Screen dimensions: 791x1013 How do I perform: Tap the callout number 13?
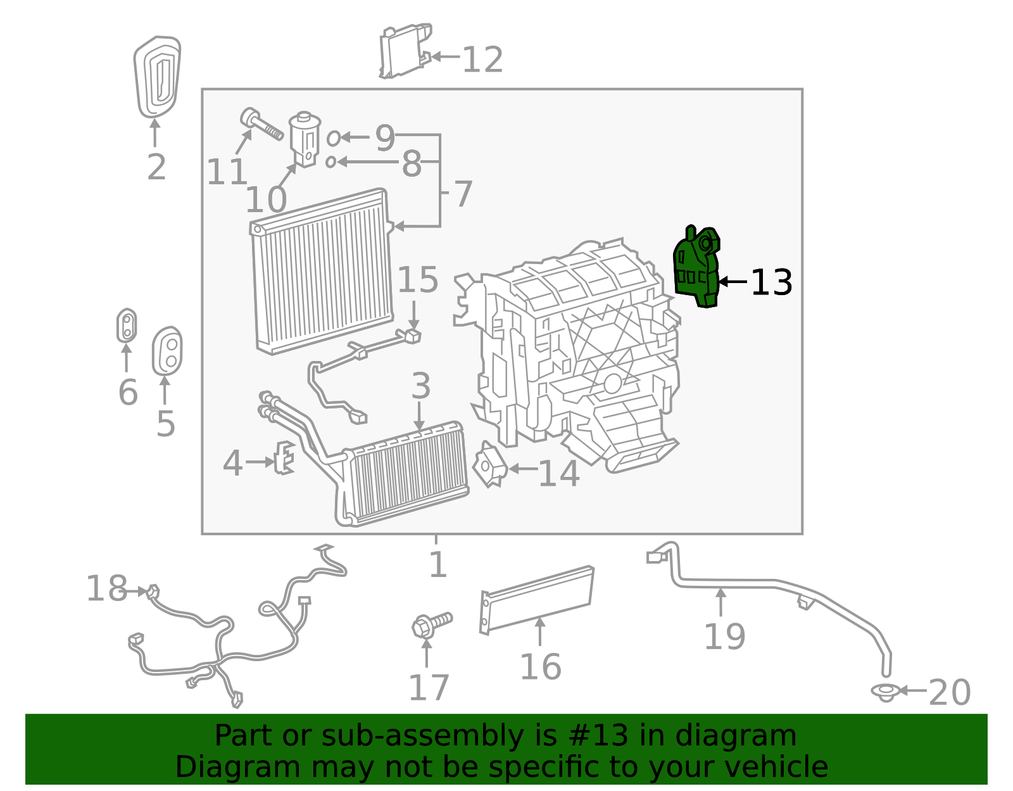click(771, 282)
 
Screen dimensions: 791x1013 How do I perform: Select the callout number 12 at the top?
click(482, 60)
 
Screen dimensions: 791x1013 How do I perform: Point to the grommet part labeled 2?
click(156, 77)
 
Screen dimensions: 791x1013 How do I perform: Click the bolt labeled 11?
click(261, 125)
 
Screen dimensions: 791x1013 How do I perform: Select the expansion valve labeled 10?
click(305, 139)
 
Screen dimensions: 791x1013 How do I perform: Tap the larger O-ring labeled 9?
click(333, 137)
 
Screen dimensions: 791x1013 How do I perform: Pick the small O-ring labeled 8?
click(330, 162)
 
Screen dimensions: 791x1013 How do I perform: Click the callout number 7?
click(463, 194)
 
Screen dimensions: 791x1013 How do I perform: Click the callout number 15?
click(418, 280)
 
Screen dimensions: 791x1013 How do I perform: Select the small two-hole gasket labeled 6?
click(127, 326)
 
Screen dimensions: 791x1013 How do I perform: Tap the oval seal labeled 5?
click(167, 351)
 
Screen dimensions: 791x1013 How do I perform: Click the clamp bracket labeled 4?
click(284, 457)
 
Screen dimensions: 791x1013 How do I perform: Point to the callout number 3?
click(421, 386)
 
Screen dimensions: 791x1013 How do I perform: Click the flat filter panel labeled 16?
click(537, 598)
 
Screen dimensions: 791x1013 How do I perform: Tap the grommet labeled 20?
click(886, 691)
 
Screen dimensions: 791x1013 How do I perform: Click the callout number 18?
click(106, 589)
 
